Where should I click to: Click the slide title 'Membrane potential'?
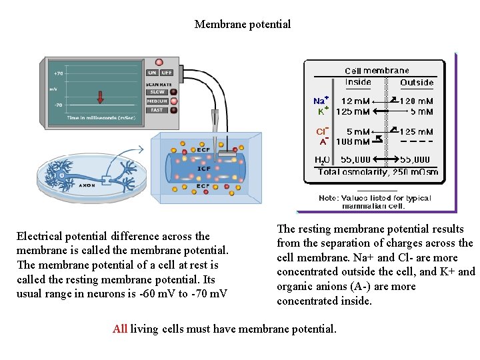pos(243,25)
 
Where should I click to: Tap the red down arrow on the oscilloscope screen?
pos(101,97)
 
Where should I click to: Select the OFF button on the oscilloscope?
pos(167,73)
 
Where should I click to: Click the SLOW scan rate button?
pos(157,92)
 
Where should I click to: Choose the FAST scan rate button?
pos(157,110)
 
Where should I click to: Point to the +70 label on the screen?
pos(58,73)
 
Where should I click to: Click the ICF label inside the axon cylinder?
pos(204,169)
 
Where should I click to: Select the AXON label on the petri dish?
pos(87,185)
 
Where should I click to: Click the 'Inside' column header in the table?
pos(359,83)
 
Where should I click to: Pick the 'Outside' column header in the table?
pos(417,83)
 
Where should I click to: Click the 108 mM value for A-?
pos(353,141)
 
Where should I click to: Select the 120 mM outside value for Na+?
pos(417,101)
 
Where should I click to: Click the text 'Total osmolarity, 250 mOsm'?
pos(378,172)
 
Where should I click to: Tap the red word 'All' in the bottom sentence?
pos(120,329)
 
